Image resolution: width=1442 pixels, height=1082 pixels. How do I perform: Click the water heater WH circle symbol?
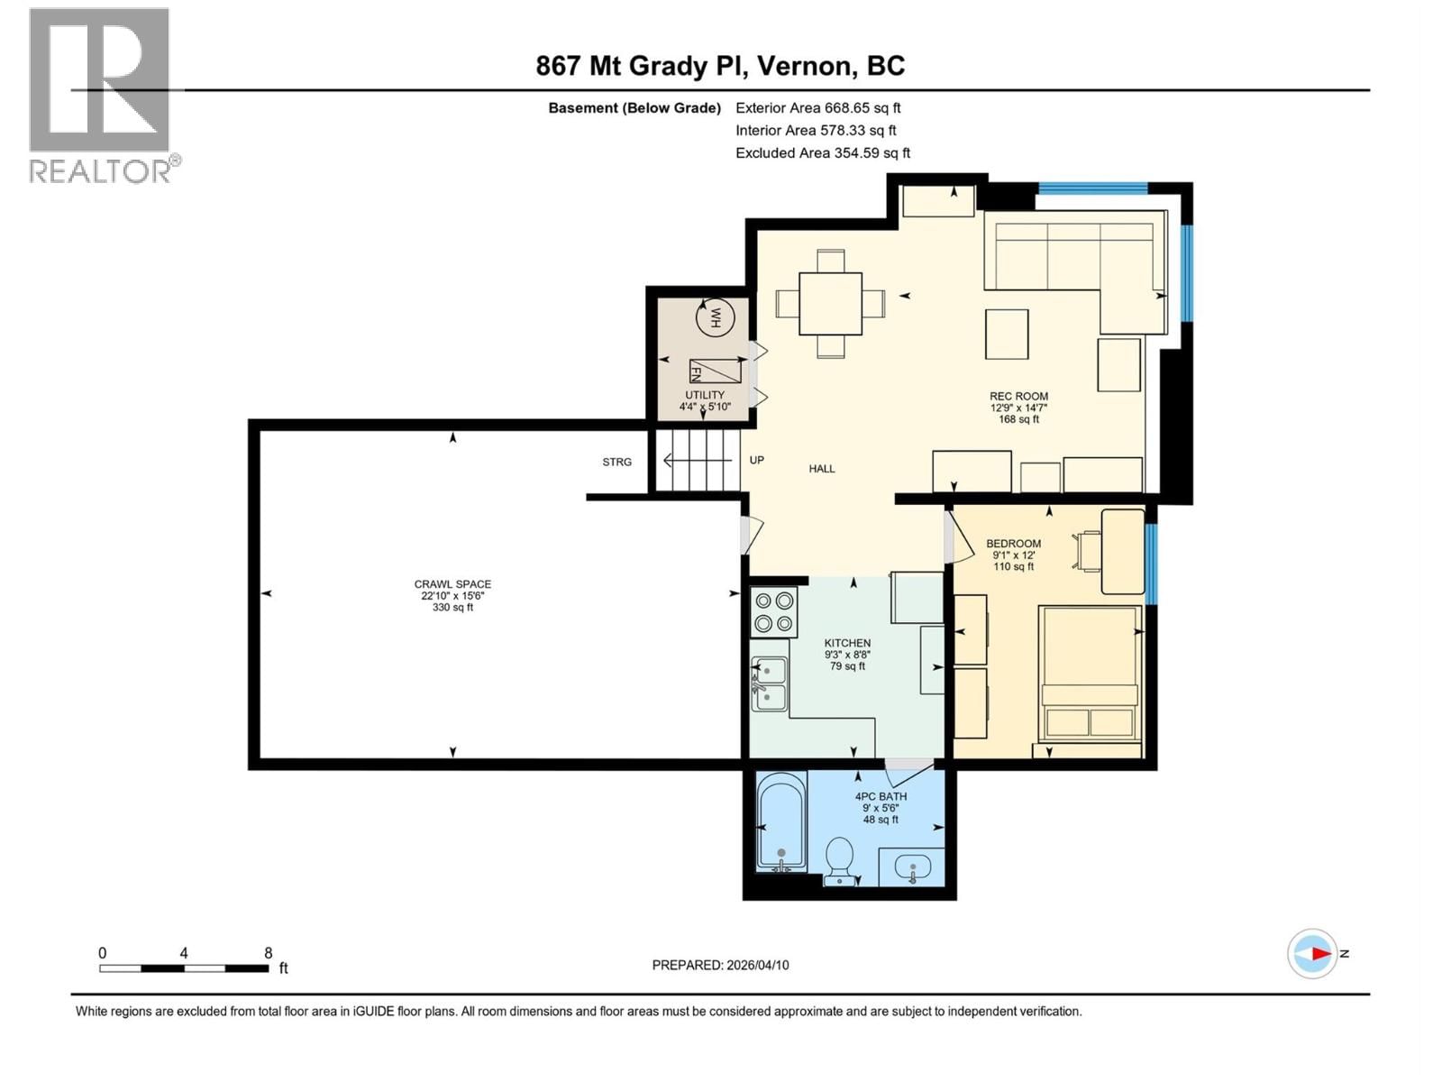716,316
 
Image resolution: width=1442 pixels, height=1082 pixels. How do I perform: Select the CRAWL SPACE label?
452,584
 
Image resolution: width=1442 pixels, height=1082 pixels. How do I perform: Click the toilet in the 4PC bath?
840,859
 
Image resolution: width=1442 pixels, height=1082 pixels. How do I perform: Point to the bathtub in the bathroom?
781,821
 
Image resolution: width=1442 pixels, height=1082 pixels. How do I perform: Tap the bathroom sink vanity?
912,869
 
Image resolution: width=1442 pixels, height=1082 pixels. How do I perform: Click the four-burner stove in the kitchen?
774,611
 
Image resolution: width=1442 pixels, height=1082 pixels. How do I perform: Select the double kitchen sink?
769,683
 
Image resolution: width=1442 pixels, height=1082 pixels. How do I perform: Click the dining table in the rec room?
830,303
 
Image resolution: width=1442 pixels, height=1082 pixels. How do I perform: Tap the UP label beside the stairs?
757,460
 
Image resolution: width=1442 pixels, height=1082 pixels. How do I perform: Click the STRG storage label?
617,462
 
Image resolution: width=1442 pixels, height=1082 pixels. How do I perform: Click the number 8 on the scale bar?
268,953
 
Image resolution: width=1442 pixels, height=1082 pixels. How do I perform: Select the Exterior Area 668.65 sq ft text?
818,107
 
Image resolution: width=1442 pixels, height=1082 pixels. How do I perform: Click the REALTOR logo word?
100,170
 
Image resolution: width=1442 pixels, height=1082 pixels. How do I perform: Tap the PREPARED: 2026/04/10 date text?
720,965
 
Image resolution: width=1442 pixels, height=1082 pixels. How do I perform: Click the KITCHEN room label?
847,643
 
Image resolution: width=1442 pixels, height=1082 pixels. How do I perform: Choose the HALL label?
821,469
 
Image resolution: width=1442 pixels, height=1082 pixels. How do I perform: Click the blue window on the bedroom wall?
1151,563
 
